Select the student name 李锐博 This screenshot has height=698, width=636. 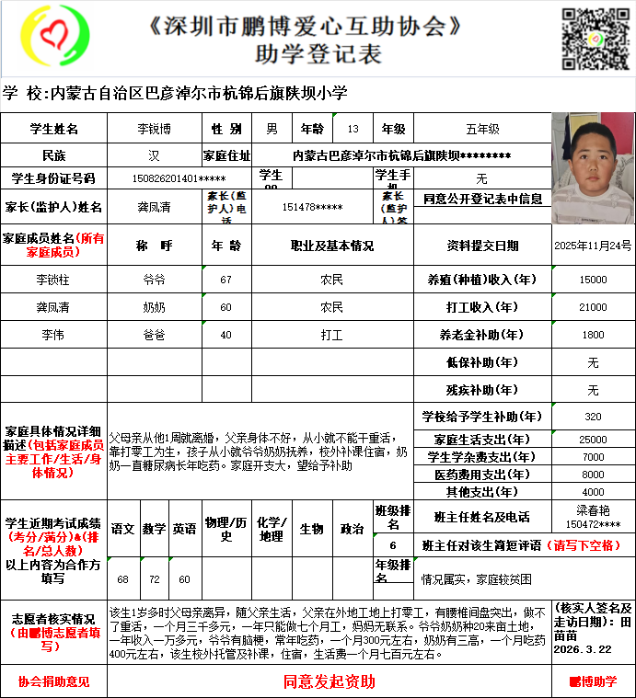pos(154,130)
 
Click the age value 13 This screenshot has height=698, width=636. pos(353,130)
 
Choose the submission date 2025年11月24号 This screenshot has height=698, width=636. pos(594,246)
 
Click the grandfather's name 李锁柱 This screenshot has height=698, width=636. pos(53,279)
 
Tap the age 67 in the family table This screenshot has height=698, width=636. pos(226,279)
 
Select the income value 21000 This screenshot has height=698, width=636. pos(594,306)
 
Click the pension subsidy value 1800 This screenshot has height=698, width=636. pos(594,335)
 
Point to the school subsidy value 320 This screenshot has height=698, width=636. pos(594,417)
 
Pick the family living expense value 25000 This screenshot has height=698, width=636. pos(594,440)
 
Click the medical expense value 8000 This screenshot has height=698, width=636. pos(594,475)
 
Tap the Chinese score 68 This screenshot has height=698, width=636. pos(123,579)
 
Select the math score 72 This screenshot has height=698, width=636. pos(154,579)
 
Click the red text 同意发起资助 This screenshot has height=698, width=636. pos(329,681)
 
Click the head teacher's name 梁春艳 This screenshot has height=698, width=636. pos(594,508)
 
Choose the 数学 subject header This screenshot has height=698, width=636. pos(154,529)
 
